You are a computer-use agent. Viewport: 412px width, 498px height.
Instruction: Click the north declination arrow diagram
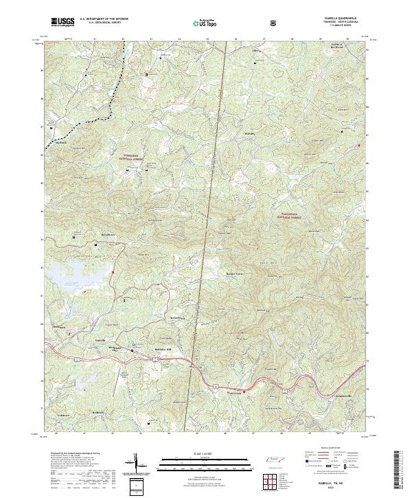click(136, 464)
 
